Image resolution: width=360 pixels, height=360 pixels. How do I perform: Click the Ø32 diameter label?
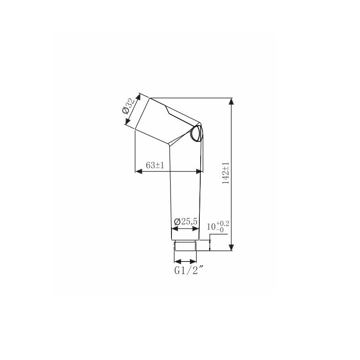[x=129, y=106]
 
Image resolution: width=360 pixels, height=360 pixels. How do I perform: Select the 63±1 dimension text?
[x=155, y=165]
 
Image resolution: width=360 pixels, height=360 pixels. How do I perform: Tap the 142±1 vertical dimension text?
[x=226, y=173]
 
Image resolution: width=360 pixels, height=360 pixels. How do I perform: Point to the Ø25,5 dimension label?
[x=185, y=221]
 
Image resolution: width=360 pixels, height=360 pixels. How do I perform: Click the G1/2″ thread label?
[x=189, y=270]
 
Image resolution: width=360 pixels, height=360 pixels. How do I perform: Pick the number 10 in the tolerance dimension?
[x=211, y=227]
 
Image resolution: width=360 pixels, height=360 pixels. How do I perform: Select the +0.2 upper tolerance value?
[x=222, y=224]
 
